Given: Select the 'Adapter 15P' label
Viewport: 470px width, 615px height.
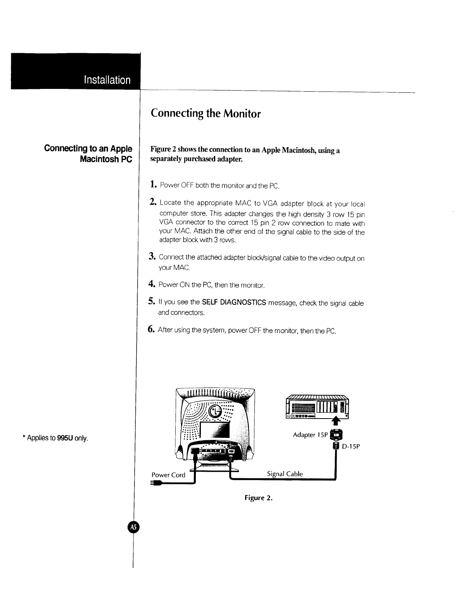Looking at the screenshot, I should pyautogui.click(x=310, y=435).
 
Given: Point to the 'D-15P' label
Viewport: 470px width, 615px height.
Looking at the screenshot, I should pyautogui.click(x=351, y=446).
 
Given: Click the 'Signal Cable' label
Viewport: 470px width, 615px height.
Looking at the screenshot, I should pyautogui.click(x=285, y=474).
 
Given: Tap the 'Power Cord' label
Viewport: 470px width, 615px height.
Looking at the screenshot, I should pyautogui.click(x=168, y=475).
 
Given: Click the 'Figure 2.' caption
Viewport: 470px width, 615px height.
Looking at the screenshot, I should pyautogui.click(x=259, y=498).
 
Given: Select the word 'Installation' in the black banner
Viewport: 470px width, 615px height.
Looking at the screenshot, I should pyautogui.click(x=107, y=80).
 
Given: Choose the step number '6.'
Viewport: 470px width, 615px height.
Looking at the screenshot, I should pyautogui.click(x=152, y=330).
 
